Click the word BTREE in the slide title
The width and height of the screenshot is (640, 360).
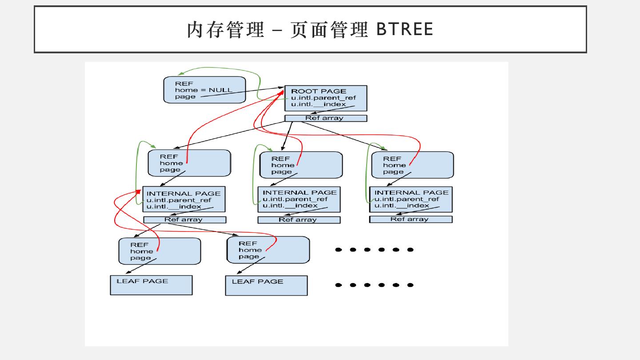(404, 29)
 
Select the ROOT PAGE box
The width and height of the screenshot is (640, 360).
(325, 98)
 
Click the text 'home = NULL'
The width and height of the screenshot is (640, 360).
(204, 90)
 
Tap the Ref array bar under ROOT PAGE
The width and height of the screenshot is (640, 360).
(325, 118)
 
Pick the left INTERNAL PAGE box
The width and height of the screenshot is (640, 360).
(184, 199)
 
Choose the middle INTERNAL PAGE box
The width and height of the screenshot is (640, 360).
(299, 199)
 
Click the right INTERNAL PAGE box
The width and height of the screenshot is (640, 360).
(411, 199)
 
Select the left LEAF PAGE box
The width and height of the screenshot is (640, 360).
(151, 285)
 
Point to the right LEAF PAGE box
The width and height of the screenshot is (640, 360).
(266, 286)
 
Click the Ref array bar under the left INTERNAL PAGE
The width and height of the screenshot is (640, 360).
(184, 220)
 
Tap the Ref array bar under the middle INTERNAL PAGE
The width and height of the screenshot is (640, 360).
(299, 220)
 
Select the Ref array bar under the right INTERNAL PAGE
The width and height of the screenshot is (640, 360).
(410, 219)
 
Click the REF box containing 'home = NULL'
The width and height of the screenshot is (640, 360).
(204, 90)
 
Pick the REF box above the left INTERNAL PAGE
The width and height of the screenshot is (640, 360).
(189, 163)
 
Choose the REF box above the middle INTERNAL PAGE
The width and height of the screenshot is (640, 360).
(301, 165)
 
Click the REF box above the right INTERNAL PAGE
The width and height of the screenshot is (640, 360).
(412, 165)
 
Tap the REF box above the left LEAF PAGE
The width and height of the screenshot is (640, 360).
(159, 251)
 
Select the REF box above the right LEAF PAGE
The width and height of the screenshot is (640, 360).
(268, 250)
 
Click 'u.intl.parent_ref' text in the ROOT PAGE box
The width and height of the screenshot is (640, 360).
(323, 98)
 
